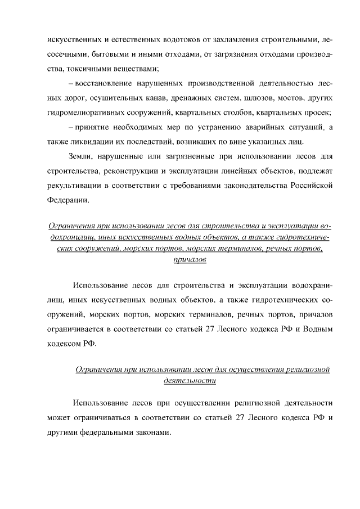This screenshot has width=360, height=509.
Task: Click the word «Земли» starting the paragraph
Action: pos(79,155)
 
